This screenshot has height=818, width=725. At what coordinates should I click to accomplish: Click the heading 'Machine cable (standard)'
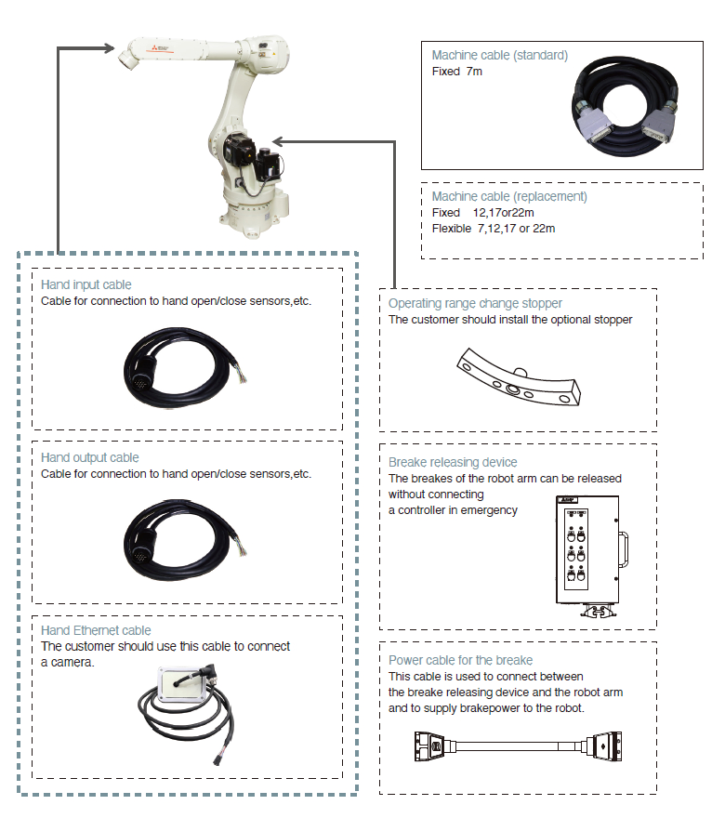[x=499, y=56]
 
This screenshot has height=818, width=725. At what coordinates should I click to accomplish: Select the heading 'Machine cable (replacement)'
[x=509, y=197]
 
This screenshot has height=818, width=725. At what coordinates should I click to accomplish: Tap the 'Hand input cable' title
[x=86, y=285]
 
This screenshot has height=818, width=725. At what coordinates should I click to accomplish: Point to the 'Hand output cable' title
[x=90, y=457]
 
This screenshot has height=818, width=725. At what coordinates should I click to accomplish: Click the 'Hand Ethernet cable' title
[x=96, y=631]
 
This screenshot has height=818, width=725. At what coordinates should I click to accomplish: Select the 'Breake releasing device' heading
[x=453, y=462]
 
